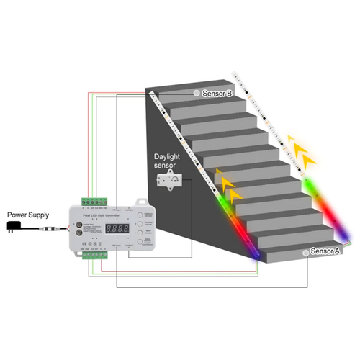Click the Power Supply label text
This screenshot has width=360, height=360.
(27, 215)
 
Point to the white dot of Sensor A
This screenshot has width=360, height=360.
(307, 252)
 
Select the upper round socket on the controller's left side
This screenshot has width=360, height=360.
(79, 224)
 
